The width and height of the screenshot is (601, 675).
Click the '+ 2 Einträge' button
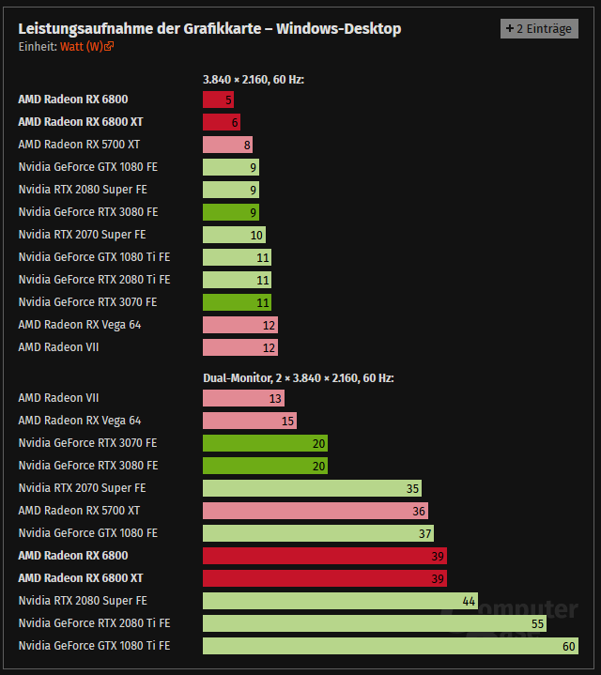pyautogui.click(x=539, y=28)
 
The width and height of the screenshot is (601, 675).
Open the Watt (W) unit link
pyautogui.click(x=83, y=46)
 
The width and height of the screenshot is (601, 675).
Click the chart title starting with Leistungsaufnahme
pyautogui.click(x=209, y=28)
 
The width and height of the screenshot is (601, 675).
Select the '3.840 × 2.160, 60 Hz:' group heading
pyautogui.click(x=254, y=80)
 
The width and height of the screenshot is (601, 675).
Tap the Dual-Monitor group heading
pyautogui.click(x=298, y=378)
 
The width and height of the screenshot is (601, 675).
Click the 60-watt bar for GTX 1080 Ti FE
pyautogui.click(x=390, y=646)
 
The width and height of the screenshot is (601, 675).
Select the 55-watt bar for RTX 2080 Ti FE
pyautogui.click(x=374, y=623)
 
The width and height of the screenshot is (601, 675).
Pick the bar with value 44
pyautogui.click(x=340, y=601)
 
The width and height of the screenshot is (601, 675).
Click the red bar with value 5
pyautogui.click(x=218, y=100)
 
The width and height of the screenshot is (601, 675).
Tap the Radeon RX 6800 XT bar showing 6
pyautogui.click(x=221, y=122)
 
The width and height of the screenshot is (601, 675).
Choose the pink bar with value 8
pyautogui.click(x=226, y=145)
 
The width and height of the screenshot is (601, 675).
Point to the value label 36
pyautogui.click(x=419, y=511)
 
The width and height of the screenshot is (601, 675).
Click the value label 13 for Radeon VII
pyautogui.click(x=275, y=398)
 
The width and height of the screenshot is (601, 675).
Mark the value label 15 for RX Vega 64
pyautogui.click(x=287, y=421)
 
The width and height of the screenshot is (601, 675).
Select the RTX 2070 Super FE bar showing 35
pyautogui.click(x=312, y=488)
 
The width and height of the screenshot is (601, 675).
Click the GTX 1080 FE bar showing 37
pyautogui.click(x=317, y=533)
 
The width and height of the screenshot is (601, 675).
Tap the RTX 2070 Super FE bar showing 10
pyautogui.click(x=234, y=235)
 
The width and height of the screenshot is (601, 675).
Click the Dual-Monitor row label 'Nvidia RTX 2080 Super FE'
pyautogui.click(x=82, y=601)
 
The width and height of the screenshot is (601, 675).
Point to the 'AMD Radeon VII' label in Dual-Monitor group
pyautogui.click(x=58, y=398)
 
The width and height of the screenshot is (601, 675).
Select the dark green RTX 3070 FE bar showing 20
pyautogui.click(x=265, y=443)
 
